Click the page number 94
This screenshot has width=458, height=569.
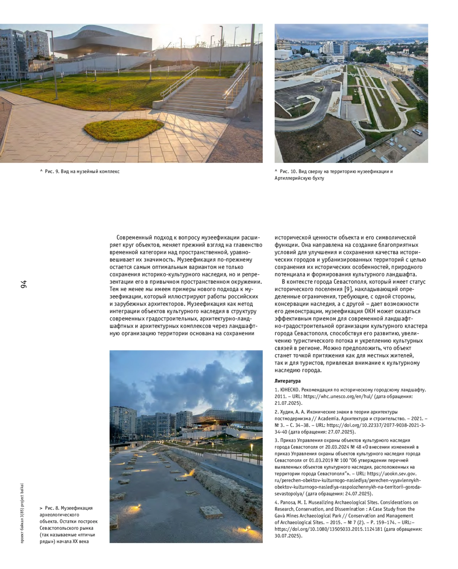(24, 284)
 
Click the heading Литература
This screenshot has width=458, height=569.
(287, 381)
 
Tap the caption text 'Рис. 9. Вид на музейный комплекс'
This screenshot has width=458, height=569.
(82, 172)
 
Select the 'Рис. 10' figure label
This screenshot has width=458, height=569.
(288, 172)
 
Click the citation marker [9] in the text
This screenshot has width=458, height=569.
(348, 289)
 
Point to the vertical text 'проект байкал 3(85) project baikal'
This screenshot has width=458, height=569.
(22, 513)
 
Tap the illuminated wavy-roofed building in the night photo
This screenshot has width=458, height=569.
(225, 417)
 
